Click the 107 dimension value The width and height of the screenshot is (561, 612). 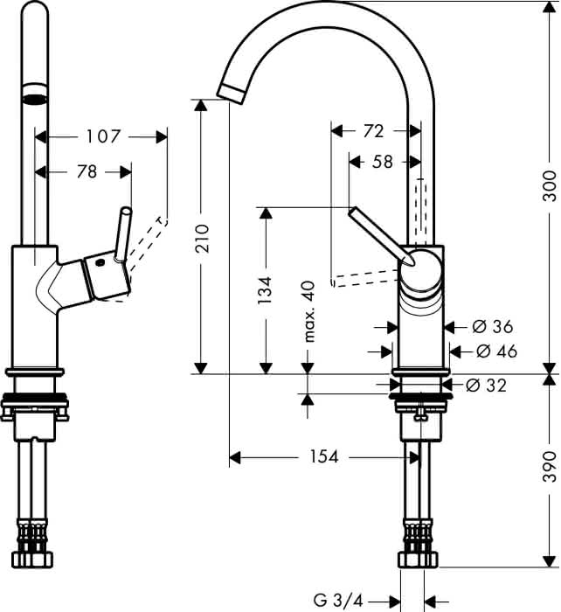103,136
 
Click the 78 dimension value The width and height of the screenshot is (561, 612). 87,171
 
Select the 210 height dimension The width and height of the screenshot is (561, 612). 202,238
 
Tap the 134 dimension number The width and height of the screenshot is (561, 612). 265,290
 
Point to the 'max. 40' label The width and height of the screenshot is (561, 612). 308,311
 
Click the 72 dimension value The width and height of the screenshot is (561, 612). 373,131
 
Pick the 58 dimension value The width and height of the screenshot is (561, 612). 383,162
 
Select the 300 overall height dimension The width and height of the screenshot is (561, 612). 550,185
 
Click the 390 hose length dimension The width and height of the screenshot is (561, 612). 550,466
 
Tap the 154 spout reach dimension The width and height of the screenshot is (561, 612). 324,456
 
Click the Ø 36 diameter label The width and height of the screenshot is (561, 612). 492,326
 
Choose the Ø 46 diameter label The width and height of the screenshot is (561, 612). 496,351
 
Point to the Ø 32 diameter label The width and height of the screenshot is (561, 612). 486,386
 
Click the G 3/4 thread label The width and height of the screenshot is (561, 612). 338,600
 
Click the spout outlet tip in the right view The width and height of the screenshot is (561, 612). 232,94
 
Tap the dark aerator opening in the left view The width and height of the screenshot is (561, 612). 35,100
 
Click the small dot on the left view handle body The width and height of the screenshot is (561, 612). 100,263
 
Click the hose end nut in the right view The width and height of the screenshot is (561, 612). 419,559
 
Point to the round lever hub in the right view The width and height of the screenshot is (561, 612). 420,271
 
